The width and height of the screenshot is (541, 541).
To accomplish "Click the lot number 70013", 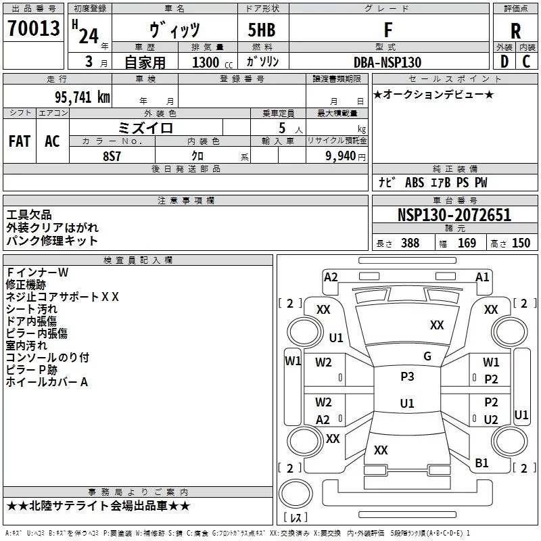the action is pos(34,28).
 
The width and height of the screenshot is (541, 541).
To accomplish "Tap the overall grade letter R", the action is pos(515,31).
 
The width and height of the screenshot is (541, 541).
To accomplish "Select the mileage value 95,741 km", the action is pos(83,97).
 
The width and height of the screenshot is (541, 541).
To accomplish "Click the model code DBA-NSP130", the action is pos(387,62).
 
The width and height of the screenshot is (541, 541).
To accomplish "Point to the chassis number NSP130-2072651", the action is pos(454,215).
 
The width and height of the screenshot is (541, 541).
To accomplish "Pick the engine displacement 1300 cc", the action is pos(212,62).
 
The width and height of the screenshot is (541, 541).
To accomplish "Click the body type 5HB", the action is pos(262,30).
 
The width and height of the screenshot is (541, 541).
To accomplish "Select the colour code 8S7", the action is pos(112,156).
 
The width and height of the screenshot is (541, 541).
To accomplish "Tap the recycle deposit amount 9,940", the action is pos(341,156).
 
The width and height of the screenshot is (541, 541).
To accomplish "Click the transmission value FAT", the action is pos(20,141).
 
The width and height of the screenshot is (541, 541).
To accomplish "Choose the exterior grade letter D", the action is pos(504,62).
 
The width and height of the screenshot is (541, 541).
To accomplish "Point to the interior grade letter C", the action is pos(526,62).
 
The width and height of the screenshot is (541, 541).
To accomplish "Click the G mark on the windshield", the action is pos(427,356).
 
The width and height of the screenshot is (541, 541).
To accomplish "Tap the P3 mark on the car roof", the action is pos(407,377).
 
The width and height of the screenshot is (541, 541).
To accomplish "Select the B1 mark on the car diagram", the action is pos(481,463).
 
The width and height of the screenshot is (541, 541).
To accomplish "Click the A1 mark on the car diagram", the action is pos(482,277).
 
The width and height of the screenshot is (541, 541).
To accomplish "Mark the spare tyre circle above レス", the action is pos(296,494).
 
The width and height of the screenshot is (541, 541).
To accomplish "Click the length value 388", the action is pos(410,243).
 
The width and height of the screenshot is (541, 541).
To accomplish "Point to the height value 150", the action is pos(521,243).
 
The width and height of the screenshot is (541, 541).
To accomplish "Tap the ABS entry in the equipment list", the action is pos(415,183).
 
